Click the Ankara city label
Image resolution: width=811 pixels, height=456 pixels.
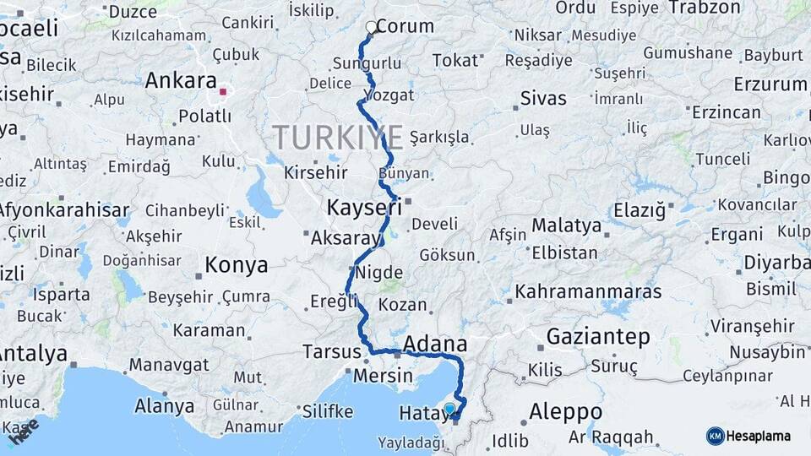coord(181,80)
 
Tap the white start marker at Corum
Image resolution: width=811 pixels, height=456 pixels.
coord(371,27)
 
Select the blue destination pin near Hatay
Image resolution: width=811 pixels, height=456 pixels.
coord(449,410)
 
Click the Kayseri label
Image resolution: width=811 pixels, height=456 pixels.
coord(363,207)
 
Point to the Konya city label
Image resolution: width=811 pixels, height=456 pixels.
coord(237,265)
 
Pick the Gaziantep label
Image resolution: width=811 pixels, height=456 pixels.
coord(598,336)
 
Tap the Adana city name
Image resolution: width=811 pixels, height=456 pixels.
coord(435,344)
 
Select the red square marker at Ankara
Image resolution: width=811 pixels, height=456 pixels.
coord(223,91)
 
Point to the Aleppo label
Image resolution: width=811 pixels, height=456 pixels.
coord(565,411)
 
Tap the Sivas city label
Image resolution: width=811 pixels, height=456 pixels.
coord(543,98)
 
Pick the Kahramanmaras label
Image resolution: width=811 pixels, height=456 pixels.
coord(588,291)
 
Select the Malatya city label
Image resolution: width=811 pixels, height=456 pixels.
coord(566,225)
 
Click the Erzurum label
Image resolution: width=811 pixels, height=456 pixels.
coord(770,84)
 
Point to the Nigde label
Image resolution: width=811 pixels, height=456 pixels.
coord(379,273)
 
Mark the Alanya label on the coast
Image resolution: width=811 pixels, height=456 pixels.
coord(164,406)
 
